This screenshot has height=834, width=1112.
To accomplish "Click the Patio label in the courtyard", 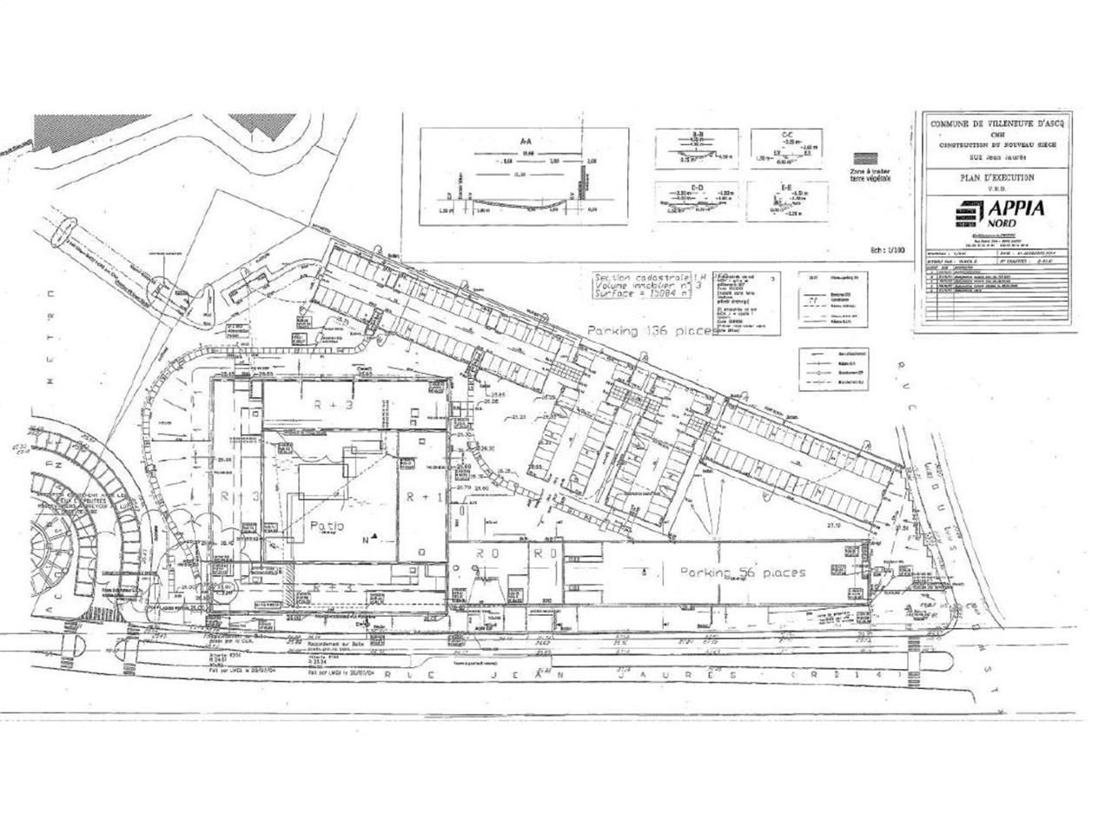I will coord(327,526).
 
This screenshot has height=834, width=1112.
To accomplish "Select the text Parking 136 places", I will coord(651,331).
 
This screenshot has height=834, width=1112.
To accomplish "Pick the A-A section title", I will coord(525,139).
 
